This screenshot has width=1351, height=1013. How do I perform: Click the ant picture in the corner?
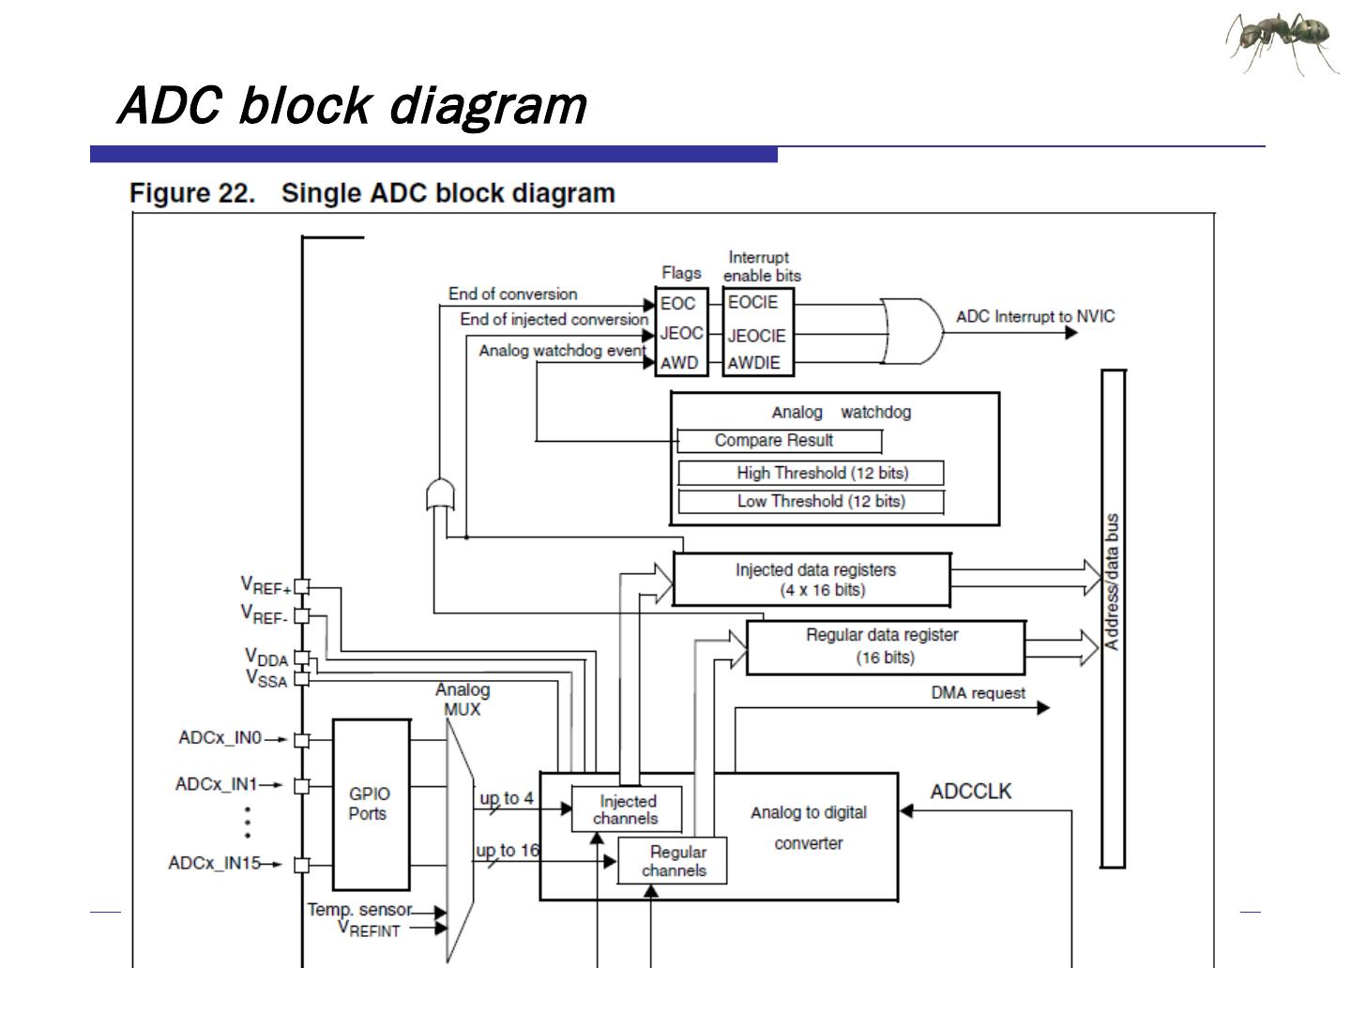(x=1282, y=42)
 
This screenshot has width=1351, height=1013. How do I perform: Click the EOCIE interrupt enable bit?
(x=753, y=303)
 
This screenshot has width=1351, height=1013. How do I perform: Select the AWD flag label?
(x=680, y=363)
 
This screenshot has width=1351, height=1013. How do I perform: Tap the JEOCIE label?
(x=756, y=336)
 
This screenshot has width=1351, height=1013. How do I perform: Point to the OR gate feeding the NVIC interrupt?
(x=911, y=331)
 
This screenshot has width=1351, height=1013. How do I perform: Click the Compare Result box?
(x=779, y=441)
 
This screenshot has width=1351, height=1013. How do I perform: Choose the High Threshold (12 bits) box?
(x=811, y=473)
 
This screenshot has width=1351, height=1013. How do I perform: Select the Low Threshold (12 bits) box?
(x=811, y=502)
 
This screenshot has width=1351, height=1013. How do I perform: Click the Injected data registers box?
(x=812, y=580)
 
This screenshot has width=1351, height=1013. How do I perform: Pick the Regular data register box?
(x=885, y=646)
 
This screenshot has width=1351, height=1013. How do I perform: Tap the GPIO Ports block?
(x=372, y=804)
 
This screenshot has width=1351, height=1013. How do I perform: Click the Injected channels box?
(x=627, y=809)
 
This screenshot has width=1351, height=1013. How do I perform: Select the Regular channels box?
(x=673, y=861)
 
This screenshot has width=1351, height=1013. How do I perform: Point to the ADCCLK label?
(x=971, y=792)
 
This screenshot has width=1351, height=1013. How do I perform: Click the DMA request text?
(x=978, y=693)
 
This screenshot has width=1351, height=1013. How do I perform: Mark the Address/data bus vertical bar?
(x=1112, y=619)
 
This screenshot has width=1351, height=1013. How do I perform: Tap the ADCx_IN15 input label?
(x=215, y=863)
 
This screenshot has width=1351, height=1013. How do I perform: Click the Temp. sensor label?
(x=359, y=909)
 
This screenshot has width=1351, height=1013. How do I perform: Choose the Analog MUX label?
(x=463, y=700)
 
